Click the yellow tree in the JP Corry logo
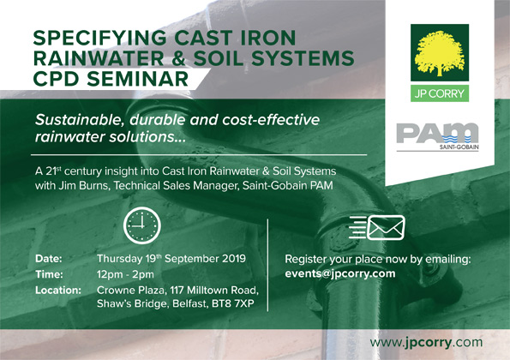[439, 52]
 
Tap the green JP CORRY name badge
[440, 93]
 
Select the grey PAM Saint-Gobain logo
[437, 136]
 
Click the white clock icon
[142, 225]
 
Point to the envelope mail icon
[377, 227]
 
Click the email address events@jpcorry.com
[340, 273]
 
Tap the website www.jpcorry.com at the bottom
[426, 343]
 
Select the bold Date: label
[49, 259]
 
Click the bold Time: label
[49, 274]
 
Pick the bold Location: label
[58, 290]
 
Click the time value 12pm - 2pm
[125, 274]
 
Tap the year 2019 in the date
[234, 259]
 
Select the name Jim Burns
[84, 186]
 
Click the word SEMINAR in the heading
[138, 79]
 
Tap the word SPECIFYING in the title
[100, 38]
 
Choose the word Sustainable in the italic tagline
[80, 120]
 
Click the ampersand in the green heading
[178, 58]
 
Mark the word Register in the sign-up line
[305, 260]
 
